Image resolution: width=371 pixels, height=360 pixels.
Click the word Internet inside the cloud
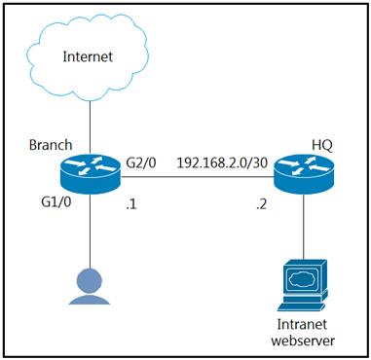click(x=89, y=56)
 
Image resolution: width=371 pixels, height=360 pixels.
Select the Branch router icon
click(x=90, y=174)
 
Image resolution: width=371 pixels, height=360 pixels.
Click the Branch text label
click(x=51, y=145)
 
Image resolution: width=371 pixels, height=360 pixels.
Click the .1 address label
click(x=130, y=204)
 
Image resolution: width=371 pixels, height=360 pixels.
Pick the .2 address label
click(x=261, y=204)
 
